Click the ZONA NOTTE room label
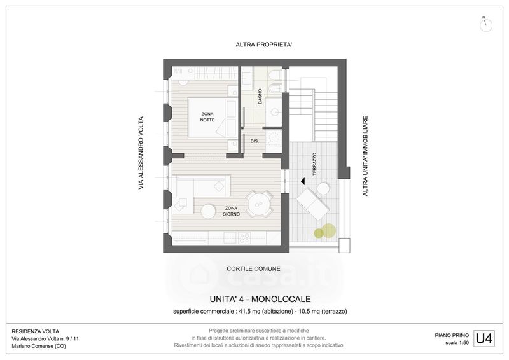click(x=207, y=117)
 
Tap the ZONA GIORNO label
click(x=231, y=211)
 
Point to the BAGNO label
click(x=260, y=97)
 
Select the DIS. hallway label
click(x=254, y=141)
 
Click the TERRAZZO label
click(x=314, y=164)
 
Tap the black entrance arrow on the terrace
click(x=303, y=181)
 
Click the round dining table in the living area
click(x=259, y=204)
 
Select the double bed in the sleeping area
click(x=213, y=118)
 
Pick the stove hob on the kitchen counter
click(x=244, y=239)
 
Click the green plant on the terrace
click(x=326, y=231)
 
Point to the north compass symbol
click(x=485, y=25)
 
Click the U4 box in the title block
click(x=484, y=338)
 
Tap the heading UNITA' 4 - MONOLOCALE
click(x=260, y=299)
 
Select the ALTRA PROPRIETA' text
click(x=264, y=45)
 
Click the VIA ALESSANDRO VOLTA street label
click(x=141, y=153)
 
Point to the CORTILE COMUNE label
click(x=253, y=269)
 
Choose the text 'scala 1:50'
click(x=457, y=342)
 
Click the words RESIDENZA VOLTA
click(x=36, y=331)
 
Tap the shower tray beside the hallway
click(x=274, y=140)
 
